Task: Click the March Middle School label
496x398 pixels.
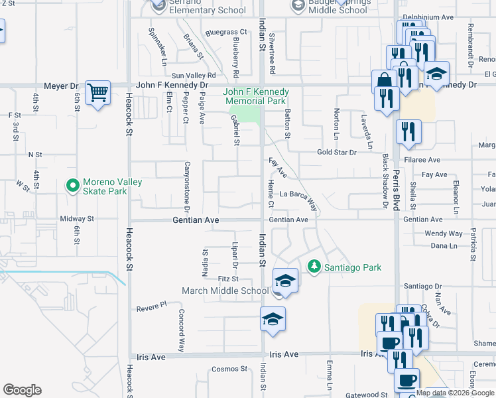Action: pos(225,291)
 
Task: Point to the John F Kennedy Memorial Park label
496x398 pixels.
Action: pos(255,96)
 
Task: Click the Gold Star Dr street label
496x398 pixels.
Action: pos(336,153)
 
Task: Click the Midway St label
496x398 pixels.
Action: pos(77,218)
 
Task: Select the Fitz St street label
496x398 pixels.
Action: pos(227,279)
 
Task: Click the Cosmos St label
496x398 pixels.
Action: pos(229,369)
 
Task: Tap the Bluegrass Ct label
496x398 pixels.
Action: pos(225,32)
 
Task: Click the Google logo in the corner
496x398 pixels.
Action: pos(22,390)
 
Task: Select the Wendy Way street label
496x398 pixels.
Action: pos(444,233)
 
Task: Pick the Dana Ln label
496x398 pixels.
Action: pos(444,245)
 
